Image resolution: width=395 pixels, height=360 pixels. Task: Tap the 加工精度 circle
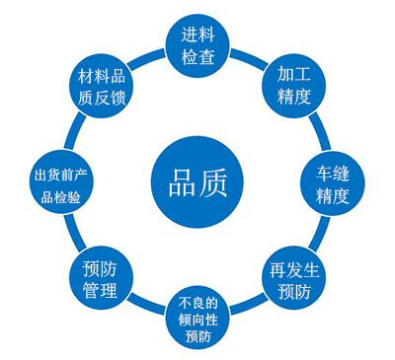(294, 85)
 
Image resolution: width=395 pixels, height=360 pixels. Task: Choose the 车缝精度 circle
(332, 183)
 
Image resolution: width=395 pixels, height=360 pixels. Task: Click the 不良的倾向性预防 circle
(196, 319)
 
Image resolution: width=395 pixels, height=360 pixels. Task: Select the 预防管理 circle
(101, 279)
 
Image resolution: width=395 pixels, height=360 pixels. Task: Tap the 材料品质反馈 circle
(103, 86)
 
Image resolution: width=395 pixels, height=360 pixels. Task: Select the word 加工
(294, 74)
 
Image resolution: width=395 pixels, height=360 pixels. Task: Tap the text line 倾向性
(196, 319)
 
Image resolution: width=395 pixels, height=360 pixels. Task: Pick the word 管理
(101, 291)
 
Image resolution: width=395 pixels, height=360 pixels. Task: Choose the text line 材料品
(103, 75)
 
